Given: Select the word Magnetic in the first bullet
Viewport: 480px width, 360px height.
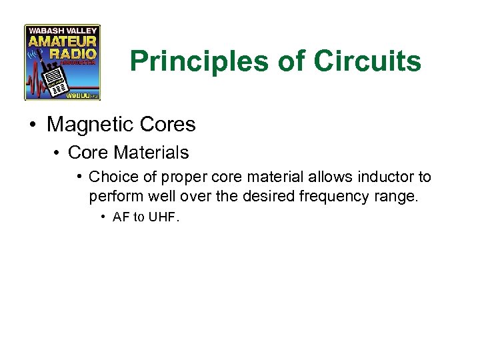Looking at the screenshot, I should point(97,125).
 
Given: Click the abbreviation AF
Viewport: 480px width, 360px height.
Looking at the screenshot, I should point(121,218).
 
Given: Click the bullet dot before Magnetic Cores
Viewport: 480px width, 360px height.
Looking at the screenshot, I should point(33,125).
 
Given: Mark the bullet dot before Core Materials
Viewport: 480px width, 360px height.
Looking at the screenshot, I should point(58,153).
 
